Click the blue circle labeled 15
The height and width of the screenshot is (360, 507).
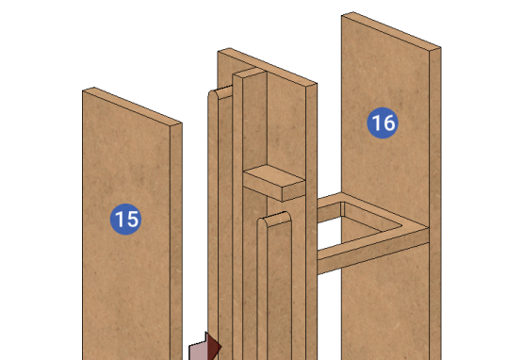click(125, 219)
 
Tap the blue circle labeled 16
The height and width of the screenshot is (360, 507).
click(383, 123)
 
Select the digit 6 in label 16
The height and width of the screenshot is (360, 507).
click(389, 123)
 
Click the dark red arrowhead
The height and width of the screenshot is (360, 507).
click(213, 347)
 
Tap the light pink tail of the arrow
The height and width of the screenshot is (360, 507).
click(198, 351)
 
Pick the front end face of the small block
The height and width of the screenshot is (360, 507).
click(294, 191)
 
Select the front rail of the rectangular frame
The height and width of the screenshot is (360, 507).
click(373, 251)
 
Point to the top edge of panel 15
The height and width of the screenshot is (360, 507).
click(133, 106)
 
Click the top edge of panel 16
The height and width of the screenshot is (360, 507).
click(391, 30)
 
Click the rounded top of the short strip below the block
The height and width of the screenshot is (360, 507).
click(275, 220)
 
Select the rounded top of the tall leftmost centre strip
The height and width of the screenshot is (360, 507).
click(220, 92)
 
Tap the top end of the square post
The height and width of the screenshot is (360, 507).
click(250, 73)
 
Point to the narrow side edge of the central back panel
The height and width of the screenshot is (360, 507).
click(311, 220)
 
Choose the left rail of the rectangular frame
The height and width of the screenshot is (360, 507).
click(329, 207)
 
